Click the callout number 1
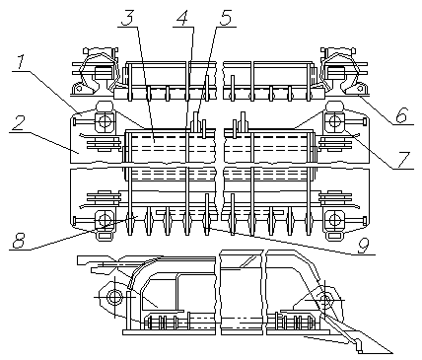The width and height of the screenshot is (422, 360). pyautogui.click(x=20, y=63)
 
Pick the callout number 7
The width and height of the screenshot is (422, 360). pyautogui.click(x=402, y=160)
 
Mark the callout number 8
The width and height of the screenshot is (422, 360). pyautogui.click(x=19, y=241)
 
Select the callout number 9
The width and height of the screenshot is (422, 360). pyautogui.click(x=363, y=246)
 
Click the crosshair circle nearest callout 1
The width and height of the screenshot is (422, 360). pyautogui.click(x=105, y=122)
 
